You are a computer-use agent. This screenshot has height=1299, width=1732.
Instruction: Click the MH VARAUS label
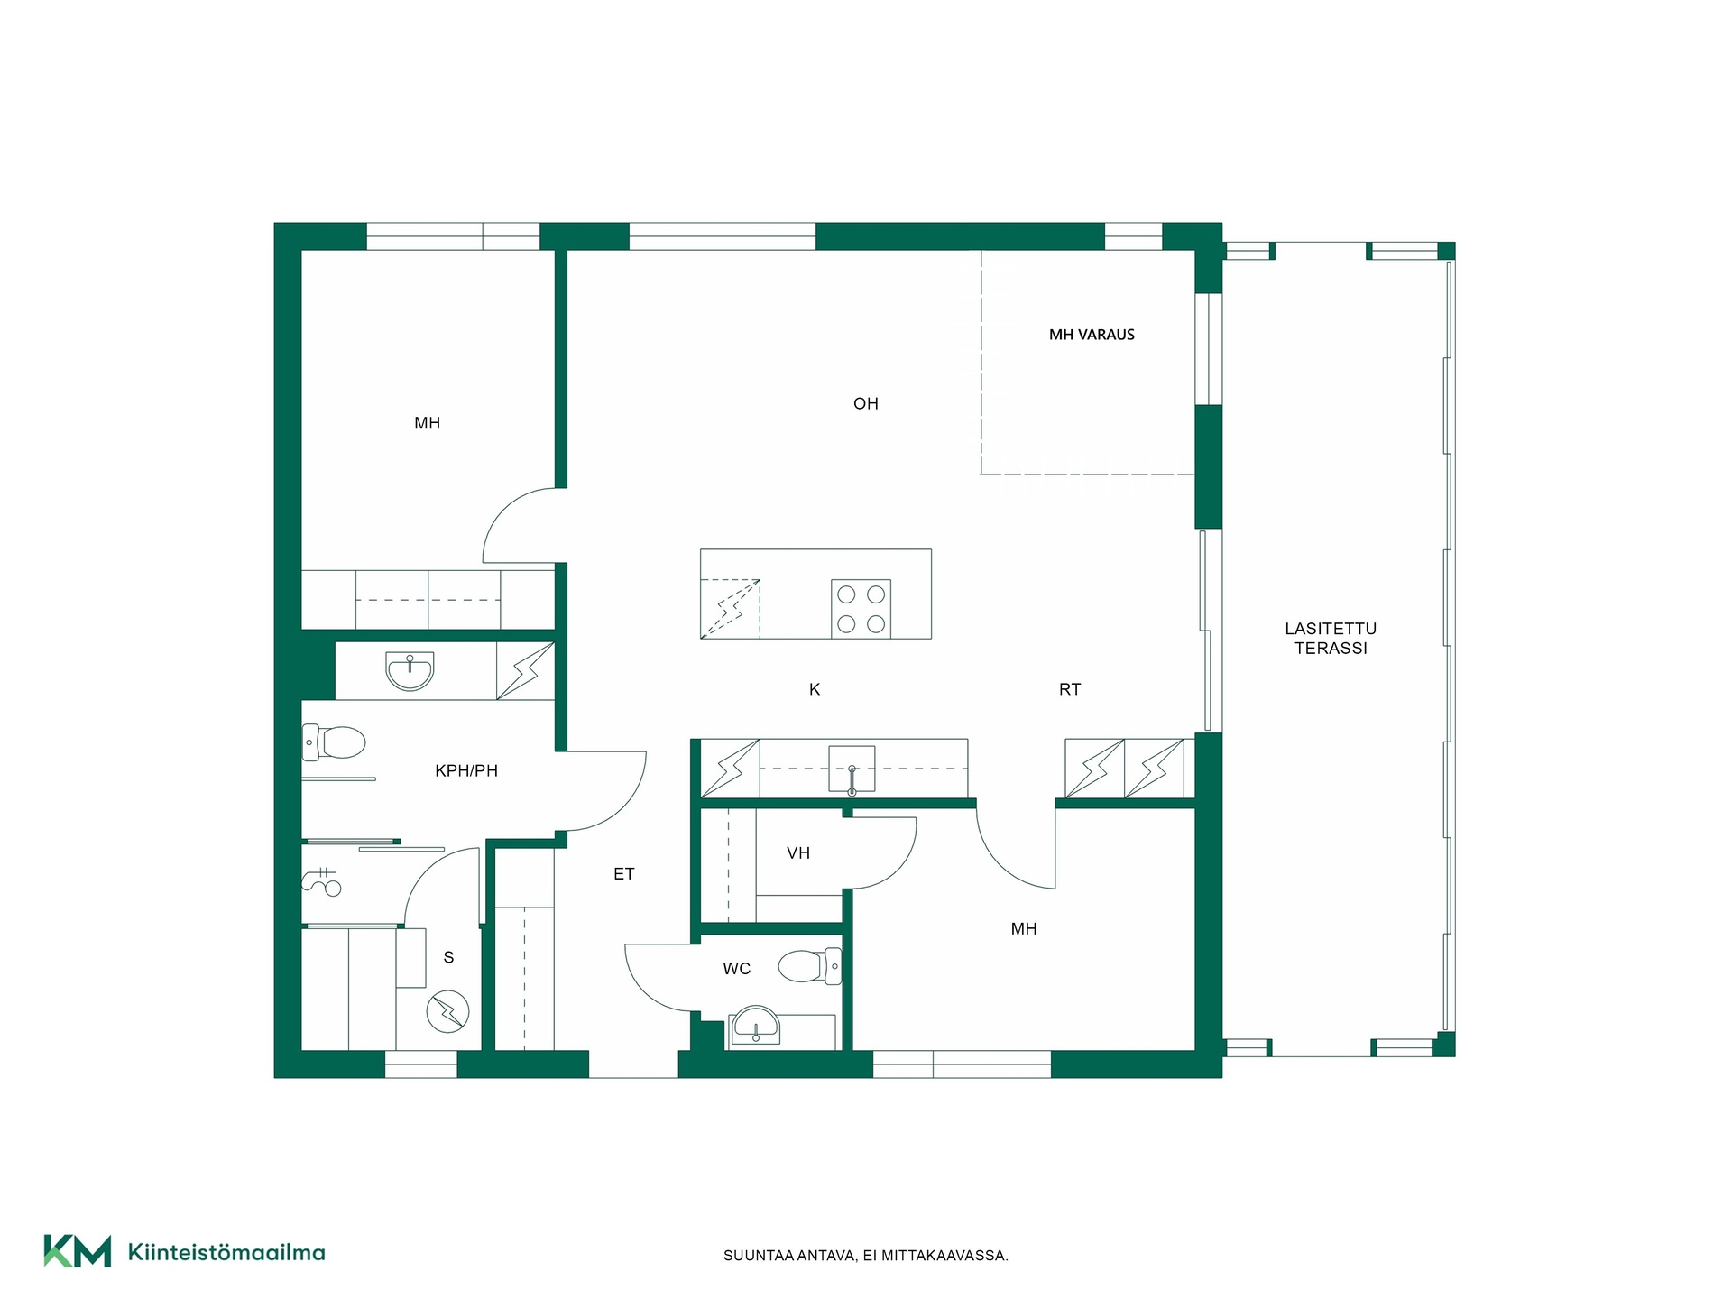click(1092, 335)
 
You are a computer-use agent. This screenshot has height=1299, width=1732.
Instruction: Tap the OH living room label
click(866, 404)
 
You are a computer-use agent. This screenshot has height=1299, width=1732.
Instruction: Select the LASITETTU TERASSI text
click(1331, 639)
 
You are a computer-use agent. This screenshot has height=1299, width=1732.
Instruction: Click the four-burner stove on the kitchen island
click(861, 609)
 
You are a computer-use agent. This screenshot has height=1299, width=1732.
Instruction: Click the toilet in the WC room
click(810, 966)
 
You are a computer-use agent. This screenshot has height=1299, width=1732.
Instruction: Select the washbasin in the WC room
click(755, 1027)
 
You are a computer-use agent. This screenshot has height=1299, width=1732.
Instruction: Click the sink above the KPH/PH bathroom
click(410, 671)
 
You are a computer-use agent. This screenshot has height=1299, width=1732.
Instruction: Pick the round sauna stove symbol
click(447, 1012)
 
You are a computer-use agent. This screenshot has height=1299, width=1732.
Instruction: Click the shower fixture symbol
click(322, 881)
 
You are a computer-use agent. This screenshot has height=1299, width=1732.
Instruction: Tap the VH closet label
click(798, 853)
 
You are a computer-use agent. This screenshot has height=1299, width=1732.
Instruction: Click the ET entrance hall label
click(624, 874)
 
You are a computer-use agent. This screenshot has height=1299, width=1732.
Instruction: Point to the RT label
click(1070, 690)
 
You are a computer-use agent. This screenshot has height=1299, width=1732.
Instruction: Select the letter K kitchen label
click(815, 690)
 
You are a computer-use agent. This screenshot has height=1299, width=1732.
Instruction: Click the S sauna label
click(448, 958)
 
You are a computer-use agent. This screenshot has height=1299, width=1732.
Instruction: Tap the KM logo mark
click(78, 1251)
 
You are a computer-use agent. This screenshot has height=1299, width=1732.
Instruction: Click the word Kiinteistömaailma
click(226, 1252)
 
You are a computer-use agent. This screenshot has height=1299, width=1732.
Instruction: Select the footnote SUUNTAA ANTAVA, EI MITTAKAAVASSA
click(866, 1256)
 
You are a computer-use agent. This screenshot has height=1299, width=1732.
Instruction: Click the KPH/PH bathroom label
click(466, 771)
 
